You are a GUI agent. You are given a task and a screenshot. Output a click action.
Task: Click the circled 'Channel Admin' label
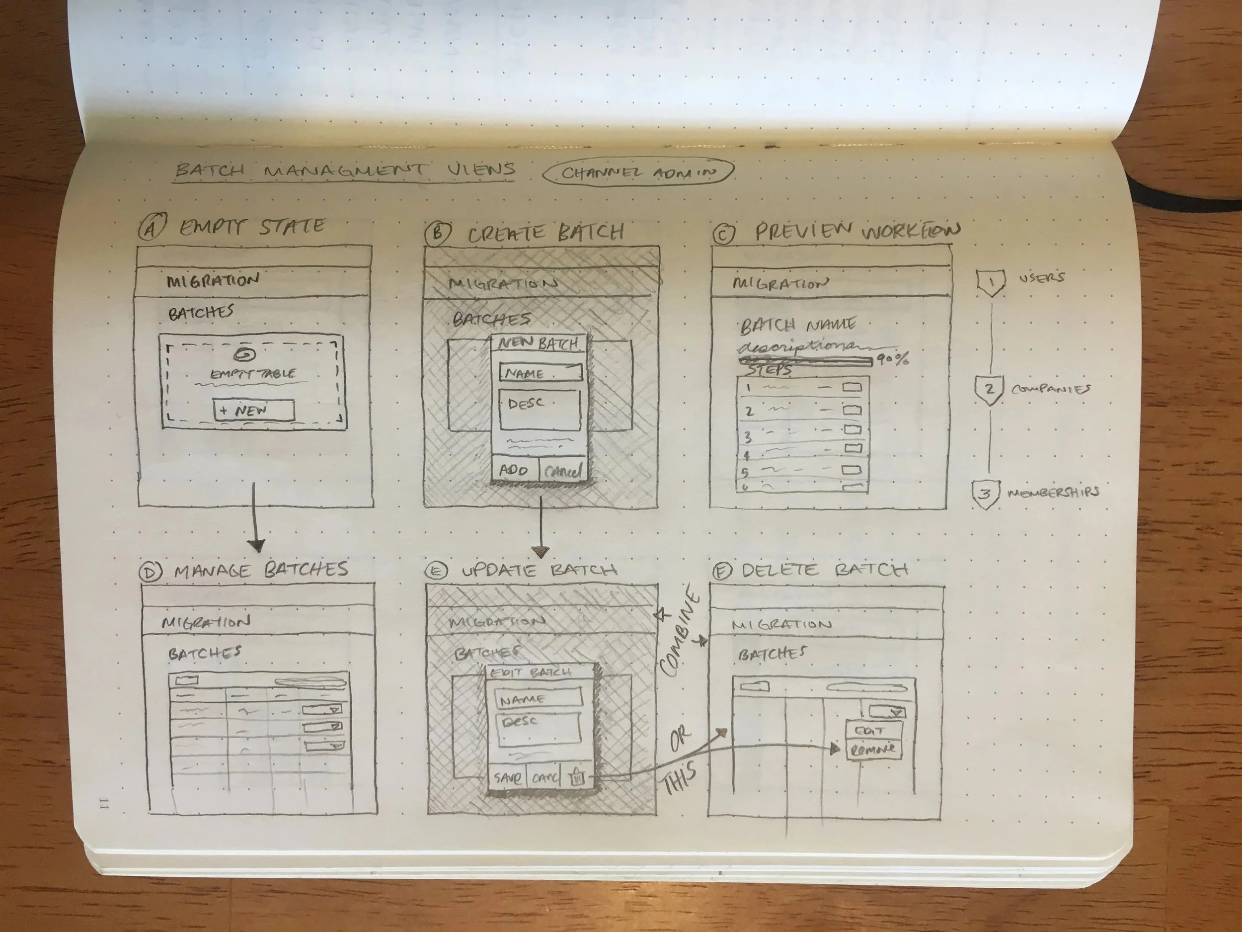tap(638, 172)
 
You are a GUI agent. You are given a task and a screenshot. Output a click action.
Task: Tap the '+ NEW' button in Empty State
tap(253, 410)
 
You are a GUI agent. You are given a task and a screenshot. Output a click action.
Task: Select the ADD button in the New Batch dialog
tap(514, 470)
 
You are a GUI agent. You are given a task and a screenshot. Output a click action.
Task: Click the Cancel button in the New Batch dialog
tap(562, 471)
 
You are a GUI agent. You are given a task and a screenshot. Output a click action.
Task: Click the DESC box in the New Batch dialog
tap(539, 410)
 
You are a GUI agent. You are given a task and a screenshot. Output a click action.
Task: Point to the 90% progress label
tap(893, 359)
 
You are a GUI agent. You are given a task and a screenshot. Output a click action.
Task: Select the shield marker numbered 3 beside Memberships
tap(985, 495)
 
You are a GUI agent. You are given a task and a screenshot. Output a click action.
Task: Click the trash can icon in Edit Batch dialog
tap(577, 777)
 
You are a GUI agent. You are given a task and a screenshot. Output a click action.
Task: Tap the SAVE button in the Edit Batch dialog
tap(507, 778)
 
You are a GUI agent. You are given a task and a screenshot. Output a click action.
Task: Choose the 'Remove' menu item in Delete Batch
tap(872, 750)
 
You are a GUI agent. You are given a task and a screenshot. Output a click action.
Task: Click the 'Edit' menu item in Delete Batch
tap(870, 731)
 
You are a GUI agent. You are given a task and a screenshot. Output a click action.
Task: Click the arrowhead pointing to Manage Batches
tap(257, 544)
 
